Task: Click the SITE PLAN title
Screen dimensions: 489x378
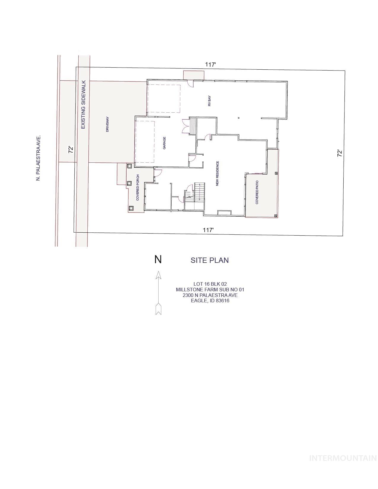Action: point(209,260)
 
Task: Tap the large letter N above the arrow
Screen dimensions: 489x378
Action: point(158,259)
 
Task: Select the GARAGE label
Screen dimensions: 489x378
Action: point(164,143)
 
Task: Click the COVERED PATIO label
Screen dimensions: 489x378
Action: point(257,192)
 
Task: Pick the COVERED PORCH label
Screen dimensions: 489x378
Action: point(138,188)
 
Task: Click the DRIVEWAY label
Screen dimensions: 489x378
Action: point(108,124)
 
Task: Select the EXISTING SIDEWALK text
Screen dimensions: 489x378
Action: point(83,105)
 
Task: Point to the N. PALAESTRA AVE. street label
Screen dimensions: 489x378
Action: point(38,158)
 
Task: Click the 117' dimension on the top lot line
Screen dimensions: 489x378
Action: point(210,64)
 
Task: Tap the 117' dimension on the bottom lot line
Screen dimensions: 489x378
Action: point(208,230)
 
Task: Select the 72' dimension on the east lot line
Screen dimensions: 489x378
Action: point(340,153)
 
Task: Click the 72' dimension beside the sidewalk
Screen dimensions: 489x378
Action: point(71,149)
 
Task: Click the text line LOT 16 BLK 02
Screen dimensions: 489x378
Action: point(210,284)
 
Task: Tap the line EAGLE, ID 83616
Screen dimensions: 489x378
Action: point(210,301)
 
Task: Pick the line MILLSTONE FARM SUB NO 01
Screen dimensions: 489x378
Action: point(210,290)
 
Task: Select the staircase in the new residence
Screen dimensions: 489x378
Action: point(199,191)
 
